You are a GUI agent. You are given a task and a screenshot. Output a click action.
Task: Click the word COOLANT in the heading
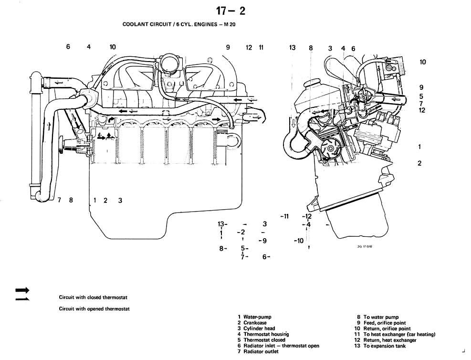pyautogui.click(x=135, y=24)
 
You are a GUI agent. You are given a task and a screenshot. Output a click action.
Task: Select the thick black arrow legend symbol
pyautogui.click(x=22, y=290)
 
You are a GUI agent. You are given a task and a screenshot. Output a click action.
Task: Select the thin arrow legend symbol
pyautogui.click(x=22, y=299)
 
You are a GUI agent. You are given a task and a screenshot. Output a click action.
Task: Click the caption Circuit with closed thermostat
pyautogui.click(x=93, y=297)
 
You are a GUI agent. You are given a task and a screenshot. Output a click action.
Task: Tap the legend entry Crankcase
pyautogui.click(x=255, y=323)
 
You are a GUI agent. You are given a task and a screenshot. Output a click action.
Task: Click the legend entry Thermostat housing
pyautogui.click(x=266, y=334)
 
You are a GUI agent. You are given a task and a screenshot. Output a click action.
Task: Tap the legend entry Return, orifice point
pyautogui.click(x=387, y=328)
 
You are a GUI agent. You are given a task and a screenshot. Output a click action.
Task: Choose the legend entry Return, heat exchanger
pyautogui.click(x=390, y=340)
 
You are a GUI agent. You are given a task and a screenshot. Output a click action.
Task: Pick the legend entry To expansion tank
pyautogui.click(x=386, y=346)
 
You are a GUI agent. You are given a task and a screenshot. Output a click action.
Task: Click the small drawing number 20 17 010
pyautogui.click(x=364, y=247)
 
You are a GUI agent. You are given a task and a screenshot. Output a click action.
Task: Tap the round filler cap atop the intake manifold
pyautogui.click(x=168, y=63)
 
